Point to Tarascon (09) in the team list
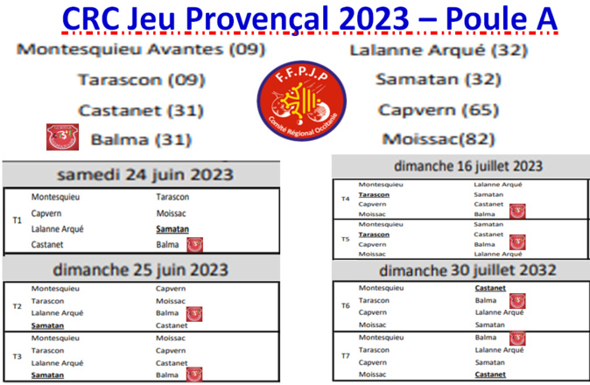click(x=141, y=80)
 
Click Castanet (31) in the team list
click(x=141, y=111)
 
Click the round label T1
click(x=16, y=220)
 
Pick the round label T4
click(x=346, y=199)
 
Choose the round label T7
click(x=346, y=355)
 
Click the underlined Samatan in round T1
click(x=172, y=228)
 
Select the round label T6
click(x=346, y=306)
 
